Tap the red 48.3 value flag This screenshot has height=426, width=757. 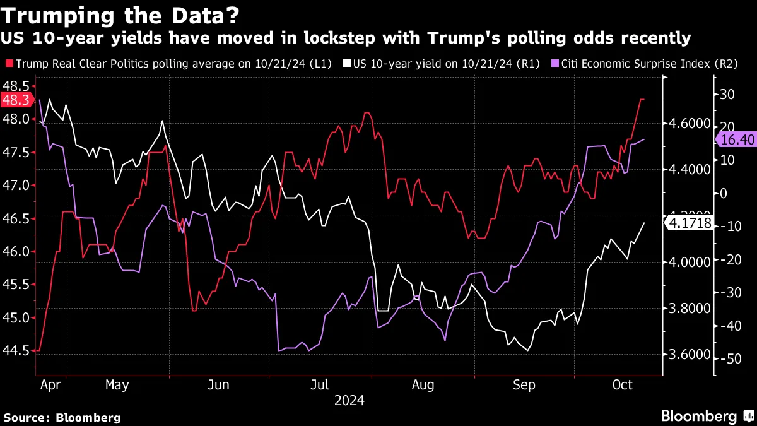(x=15, y=100)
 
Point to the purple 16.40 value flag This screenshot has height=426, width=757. (x=736, y=139)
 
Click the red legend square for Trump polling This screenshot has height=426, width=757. (x=9, y=64)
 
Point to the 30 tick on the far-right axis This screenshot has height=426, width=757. (x=727, y=95)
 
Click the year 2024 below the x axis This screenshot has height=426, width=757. (x=349, y=400)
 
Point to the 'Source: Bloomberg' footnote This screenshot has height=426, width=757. (x=62, y=417)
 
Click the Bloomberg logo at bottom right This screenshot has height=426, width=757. (x=706, y=416)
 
